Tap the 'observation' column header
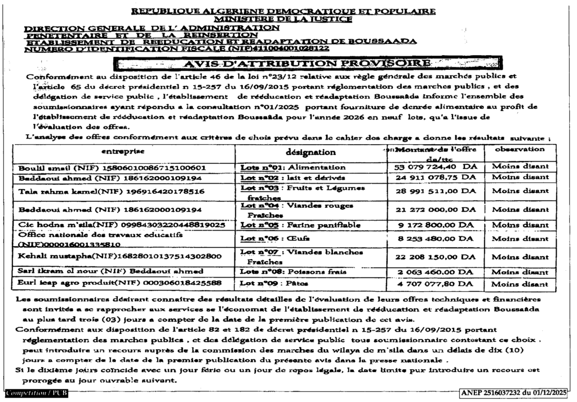pos(519,149)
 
